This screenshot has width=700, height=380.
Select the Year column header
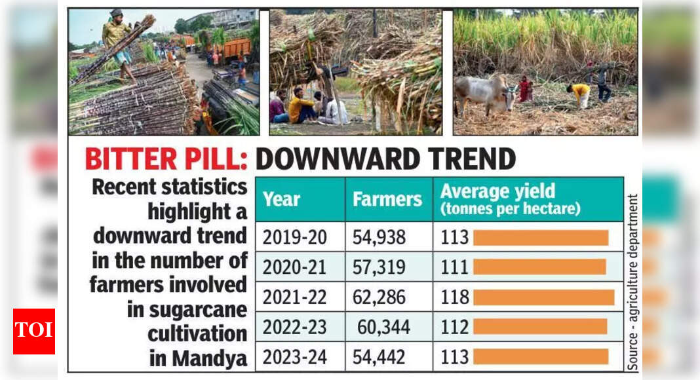click(x=282, y=199)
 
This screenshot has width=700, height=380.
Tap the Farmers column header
click(x=387, y=199)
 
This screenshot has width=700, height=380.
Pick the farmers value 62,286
click(x=379, y=297)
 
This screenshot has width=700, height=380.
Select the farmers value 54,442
click(x=379, y=357)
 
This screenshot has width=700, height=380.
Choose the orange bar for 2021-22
click(x=543, y=297)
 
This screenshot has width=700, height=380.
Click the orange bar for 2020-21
click(x=539, y=267)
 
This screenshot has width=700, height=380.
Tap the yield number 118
click(x=454, y=297)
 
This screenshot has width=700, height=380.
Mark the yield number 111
click(x=454, y=267)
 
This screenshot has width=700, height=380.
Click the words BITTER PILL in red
click(x=166, y=159)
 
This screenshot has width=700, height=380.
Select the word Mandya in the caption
click(x=210, y=359)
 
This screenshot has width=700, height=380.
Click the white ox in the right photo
click(x=484, y=92)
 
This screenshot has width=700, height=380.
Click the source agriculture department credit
click(x=632, y=282)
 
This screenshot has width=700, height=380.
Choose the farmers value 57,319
click(x=379, y=267)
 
